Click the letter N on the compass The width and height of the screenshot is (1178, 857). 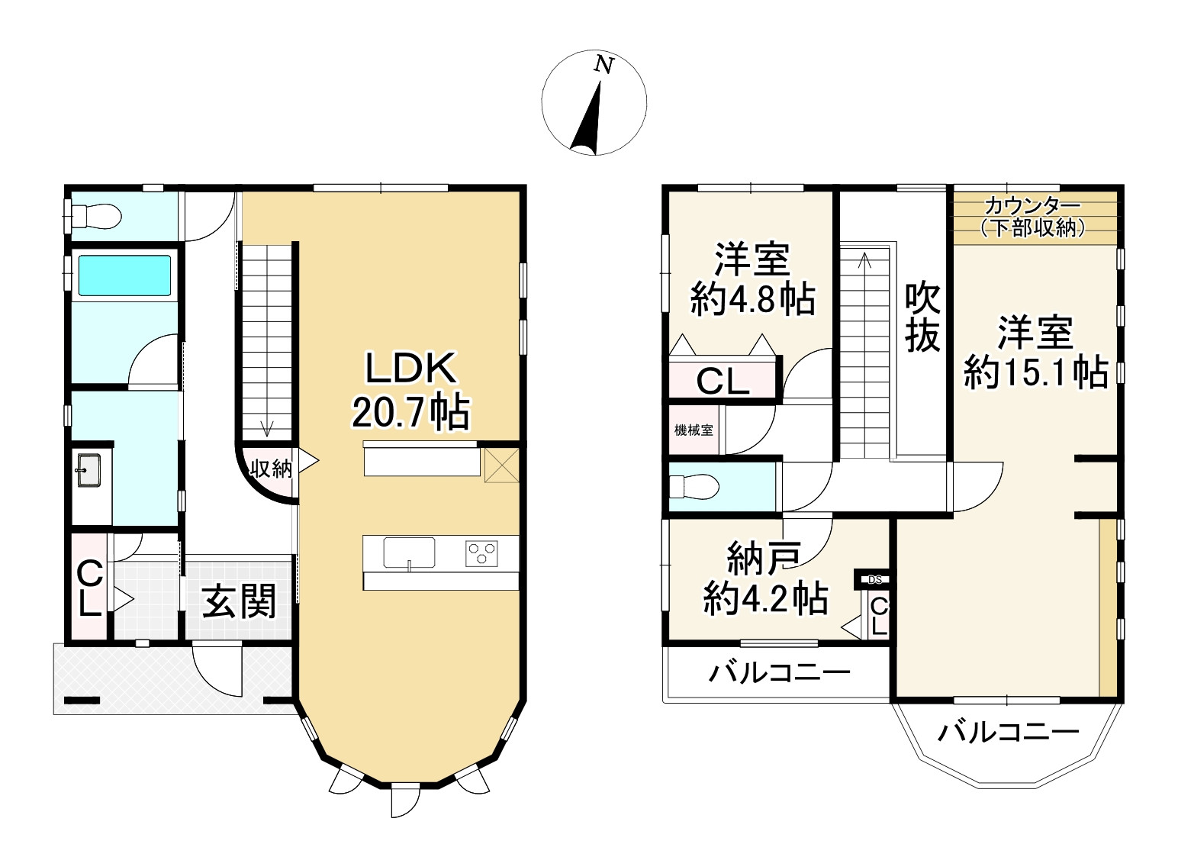[x=604, y=65]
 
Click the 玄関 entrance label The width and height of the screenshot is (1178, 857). [x=240, y=601]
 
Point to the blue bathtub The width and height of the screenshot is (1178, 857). [x=124, y=275]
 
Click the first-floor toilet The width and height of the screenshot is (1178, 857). [x=95, y=216]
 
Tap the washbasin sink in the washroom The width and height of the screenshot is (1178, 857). [x=89, y=470]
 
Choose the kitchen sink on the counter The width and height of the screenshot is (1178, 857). [x=409, y=553]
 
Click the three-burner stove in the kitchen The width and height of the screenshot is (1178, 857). [x=481, y=554]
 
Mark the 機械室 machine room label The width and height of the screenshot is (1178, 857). [x=694, y=430]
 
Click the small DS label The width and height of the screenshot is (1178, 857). [x=875, y=580]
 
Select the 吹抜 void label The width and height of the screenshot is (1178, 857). [x=922, y=318]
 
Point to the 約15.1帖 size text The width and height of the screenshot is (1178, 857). [x=1035, y=372]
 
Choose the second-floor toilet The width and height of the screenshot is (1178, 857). [x=695, y=486]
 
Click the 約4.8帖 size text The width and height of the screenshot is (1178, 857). [x=752, y=300]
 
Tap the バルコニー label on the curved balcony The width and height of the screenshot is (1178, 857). [x=1009, y=733]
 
